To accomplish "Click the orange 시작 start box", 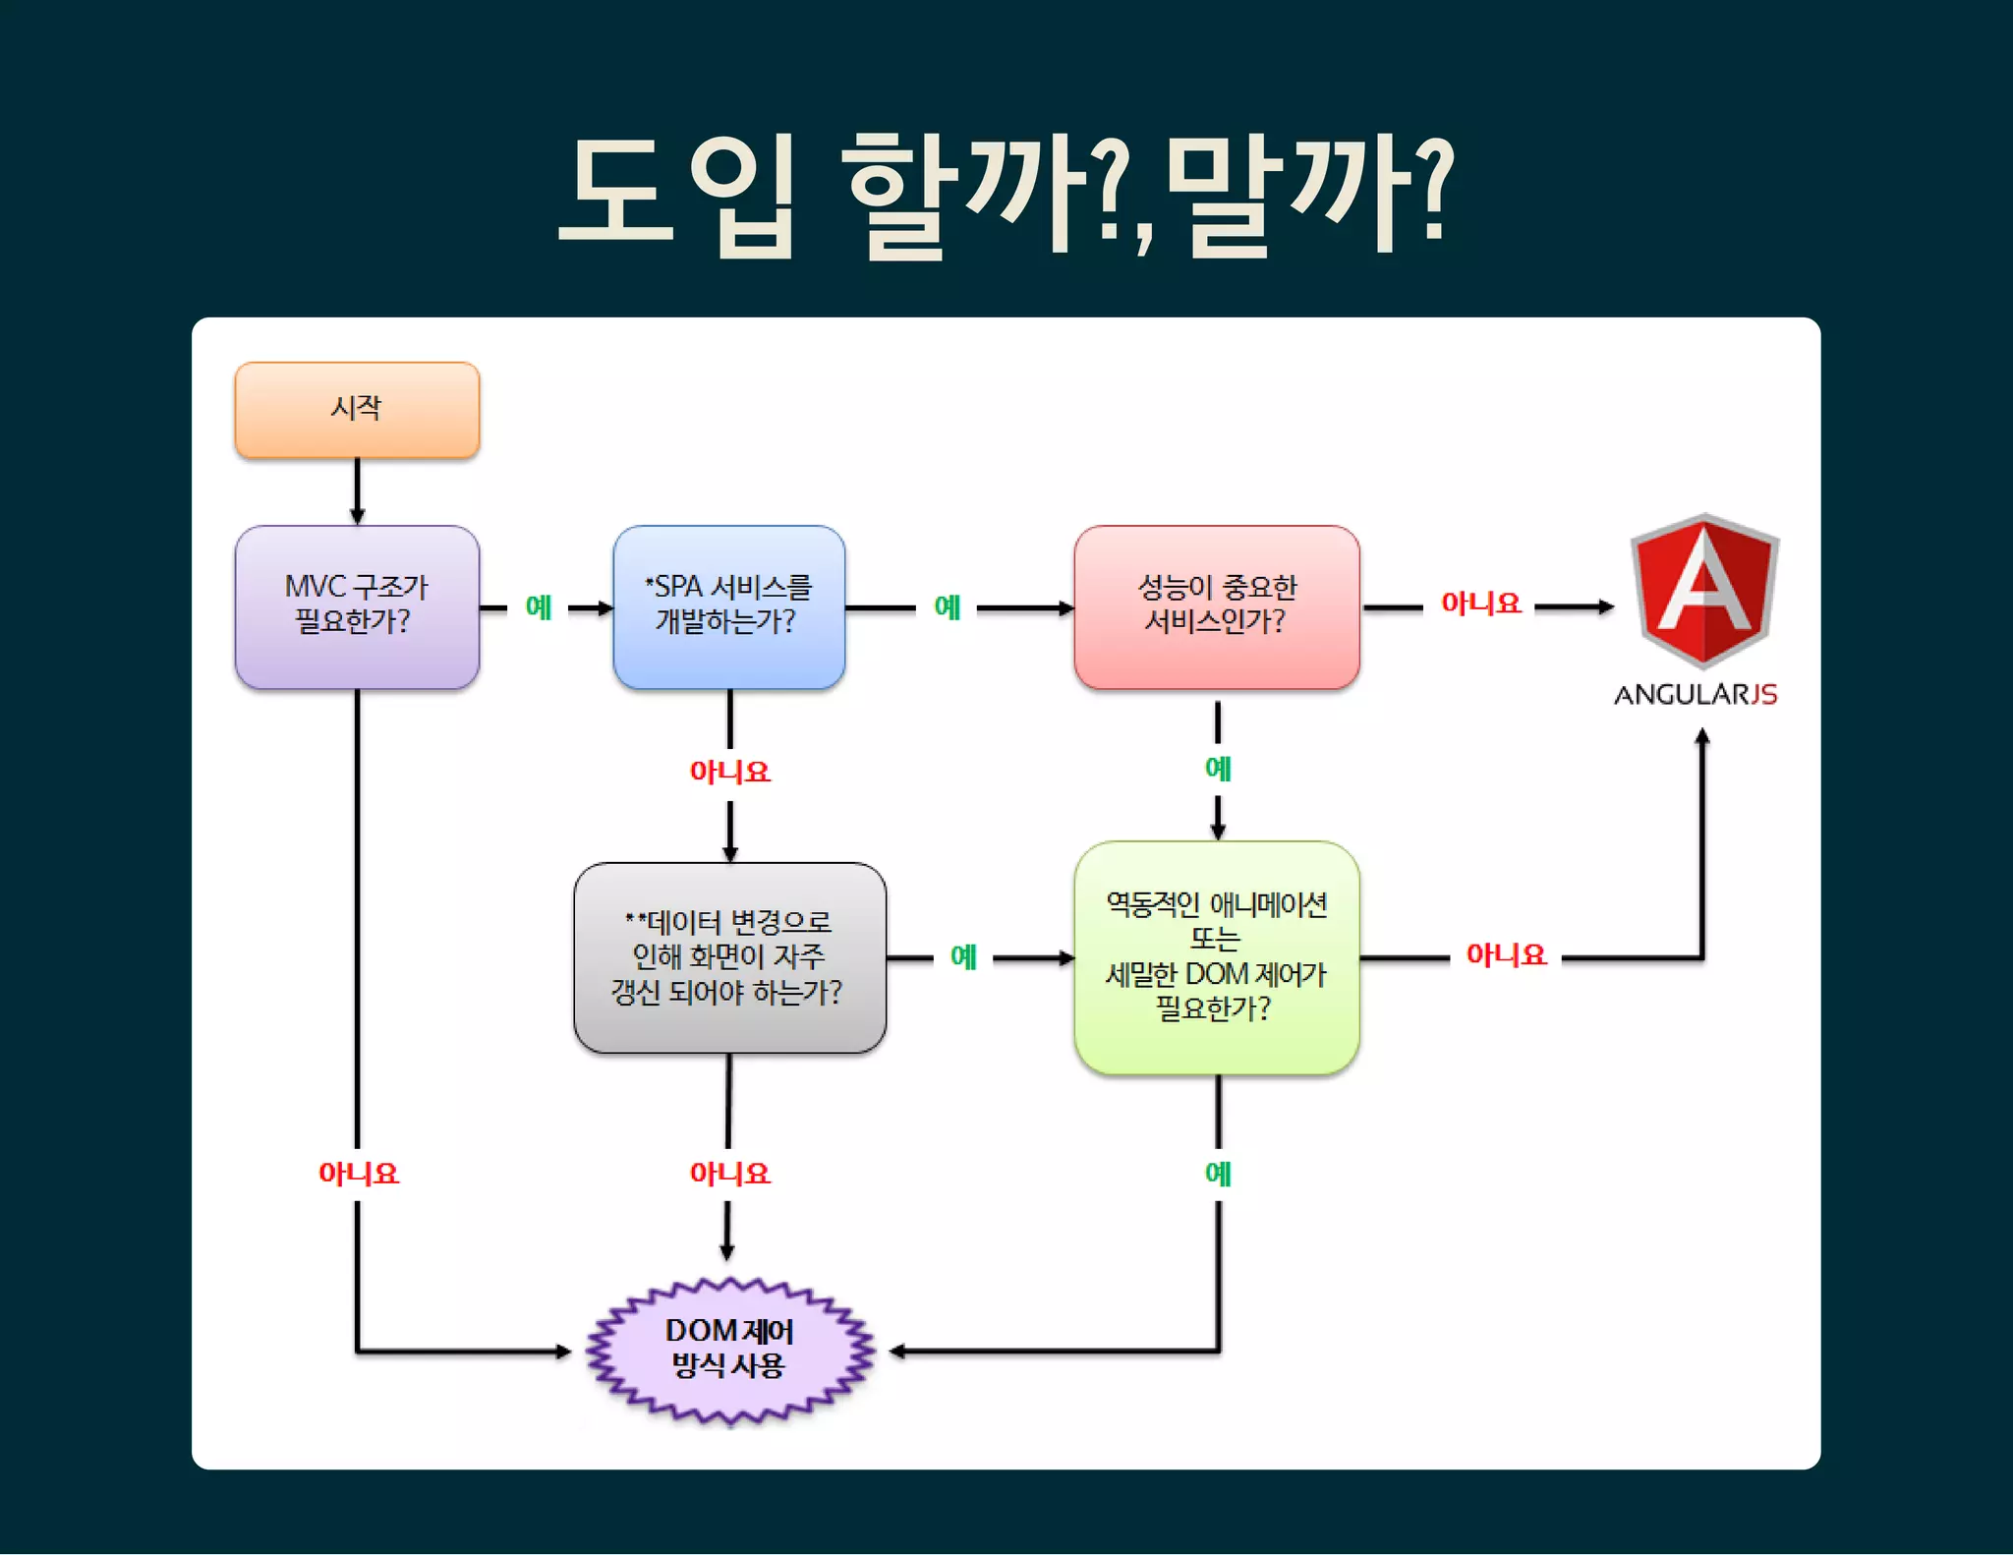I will click(x=357, y=409).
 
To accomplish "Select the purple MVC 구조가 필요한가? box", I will click(x=357, y=605).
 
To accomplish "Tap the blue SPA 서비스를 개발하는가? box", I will click(x=728, y=605).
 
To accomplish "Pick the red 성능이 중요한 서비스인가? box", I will click(x=1216, y=605).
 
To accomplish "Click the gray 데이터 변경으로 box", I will click(x=729, y=957).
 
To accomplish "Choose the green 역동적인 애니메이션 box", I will click(x=1216, y=956).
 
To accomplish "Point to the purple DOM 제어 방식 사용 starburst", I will click(x=729, y=1350).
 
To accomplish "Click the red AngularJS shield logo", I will click(x=1703, y=590).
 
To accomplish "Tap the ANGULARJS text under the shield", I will click(x=1696, y=695).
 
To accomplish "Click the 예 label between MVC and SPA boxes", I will click(x=539, y=606).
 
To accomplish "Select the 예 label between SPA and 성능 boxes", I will click(x=947, y=606).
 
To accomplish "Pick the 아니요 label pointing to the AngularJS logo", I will click(x=1480, y=604).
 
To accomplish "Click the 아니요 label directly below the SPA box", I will click(x=729, y=772).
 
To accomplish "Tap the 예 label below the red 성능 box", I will click(x=1218, y=768).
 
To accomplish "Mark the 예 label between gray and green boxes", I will click(x=963, y=956).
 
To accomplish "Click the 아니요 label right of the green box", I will click(x=1506, y=954).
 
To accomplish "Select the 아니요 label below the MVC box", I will click(x=358, y=1173).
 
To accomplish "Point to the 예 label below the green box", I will click(x=1218, y=1173).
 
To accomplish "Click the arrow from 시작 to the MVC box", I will click(x=357, y=491).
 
